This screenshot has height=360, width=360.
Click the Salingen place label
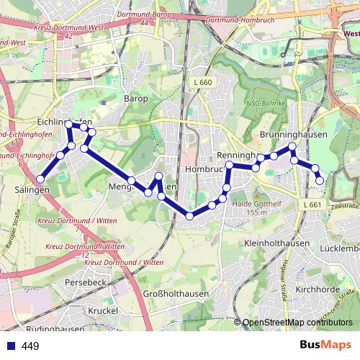(32, 189)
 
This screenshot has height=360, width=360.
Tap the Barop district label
(135, 98)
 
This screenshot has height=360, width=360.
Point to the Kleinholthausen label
(276, 244)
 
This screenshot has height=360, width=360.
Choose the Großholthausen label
(176, 294)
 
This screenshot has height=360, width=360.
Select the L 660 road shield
(204, 83)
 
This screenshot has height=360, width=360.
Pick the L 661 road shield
(312, 205)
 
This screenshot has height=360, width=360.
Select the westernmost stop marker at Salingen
(41, 179)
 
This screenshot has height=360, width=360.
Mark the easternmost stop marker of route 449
(321, 181)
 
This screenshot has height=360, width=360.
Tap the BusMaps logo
(325, 346)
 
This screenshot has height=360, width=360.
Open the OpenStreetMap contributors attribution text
(298, 322)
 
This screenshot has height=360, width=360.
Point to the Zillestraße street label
(343, 207)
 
